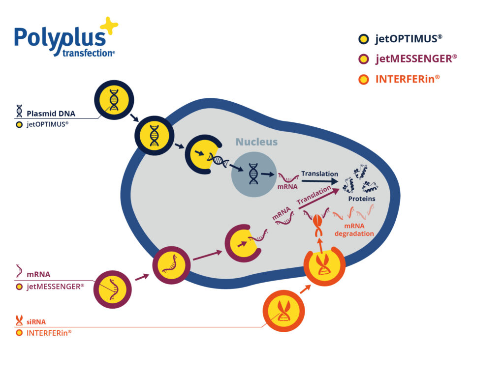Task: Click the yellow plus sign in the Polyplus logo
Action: pyautogui.click(x=109, y=25)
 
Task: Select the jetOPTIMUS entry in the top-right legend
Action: pyautogui.click(x=400, y=39)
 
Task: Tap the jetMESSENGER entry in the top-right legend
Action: pyautogui.click(x=408, y=59)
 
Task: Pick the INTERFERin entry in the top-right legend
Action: pyautogui.click(x=399, y=79)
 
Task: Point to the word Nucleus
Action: pyautogui.click(x=256, y=142)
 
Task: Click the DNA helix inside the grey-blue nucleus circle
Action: pyautogui.click(x=253, y=174)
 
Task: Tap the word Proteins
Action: pyautogui.click(x=362, y=199)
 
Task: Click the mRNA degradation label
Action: pyautogui.click(x=354, y=230)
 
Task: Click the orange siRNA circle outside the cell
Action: pyautogui.click(x=283, y=311)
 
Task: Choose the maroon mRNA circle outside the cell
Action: pyautogui.click(x=113, y=289)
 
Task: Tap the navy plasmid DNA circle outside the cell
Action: pyautogui.click(x=114, y=100)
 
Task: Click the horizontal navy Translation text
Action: pyautogui.click(x=319, y=174)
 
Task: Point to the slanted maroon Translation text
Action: pyautogui.click(x=314, y=195)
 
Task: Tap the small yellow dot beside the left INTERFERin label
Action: pyautogui.click(x=19, y=333)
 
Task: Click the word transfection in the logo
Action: pyautogui.click(x=88, y=53)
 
